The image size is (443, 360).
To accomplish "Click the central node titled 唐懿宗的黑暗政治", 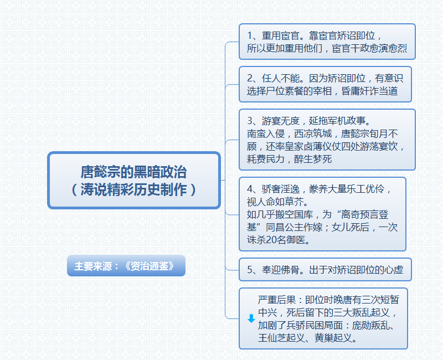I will (134, 172).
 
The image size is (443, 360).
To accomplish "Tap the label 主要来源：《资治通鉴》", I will (126, 266).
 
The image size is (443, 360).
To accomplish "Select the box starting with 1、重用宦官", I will (327, 42).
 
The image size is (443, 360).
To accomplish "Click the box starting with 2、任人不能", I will (327, 84).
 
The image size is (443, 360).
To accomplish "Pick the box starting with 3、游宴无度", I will (327, 140).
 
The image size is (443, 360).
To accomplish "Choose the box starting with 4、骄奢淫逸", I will (322, 214).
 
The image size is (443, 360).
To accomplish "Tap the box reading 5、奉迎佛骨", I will (327, 270).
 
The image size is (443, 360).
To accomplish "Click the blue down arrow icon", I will (251, 318).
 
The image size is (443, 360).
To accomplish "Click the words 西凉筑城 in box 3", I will (312, 133).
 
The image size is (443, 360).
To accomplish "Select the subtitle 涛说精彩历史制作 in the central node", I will (134, 189).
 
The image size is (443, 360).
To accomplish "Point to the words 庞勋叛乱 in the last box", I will (372, 325).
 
